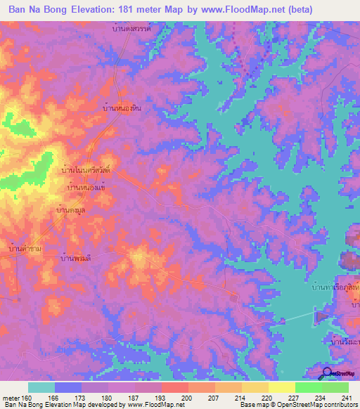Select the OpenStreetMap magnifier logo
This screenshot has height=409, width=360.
pos(328,374)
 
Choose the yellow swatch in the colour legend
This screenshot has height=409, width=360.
pos(281,387)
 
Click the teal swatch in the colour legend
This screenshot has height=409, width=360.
pos(41,387)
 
